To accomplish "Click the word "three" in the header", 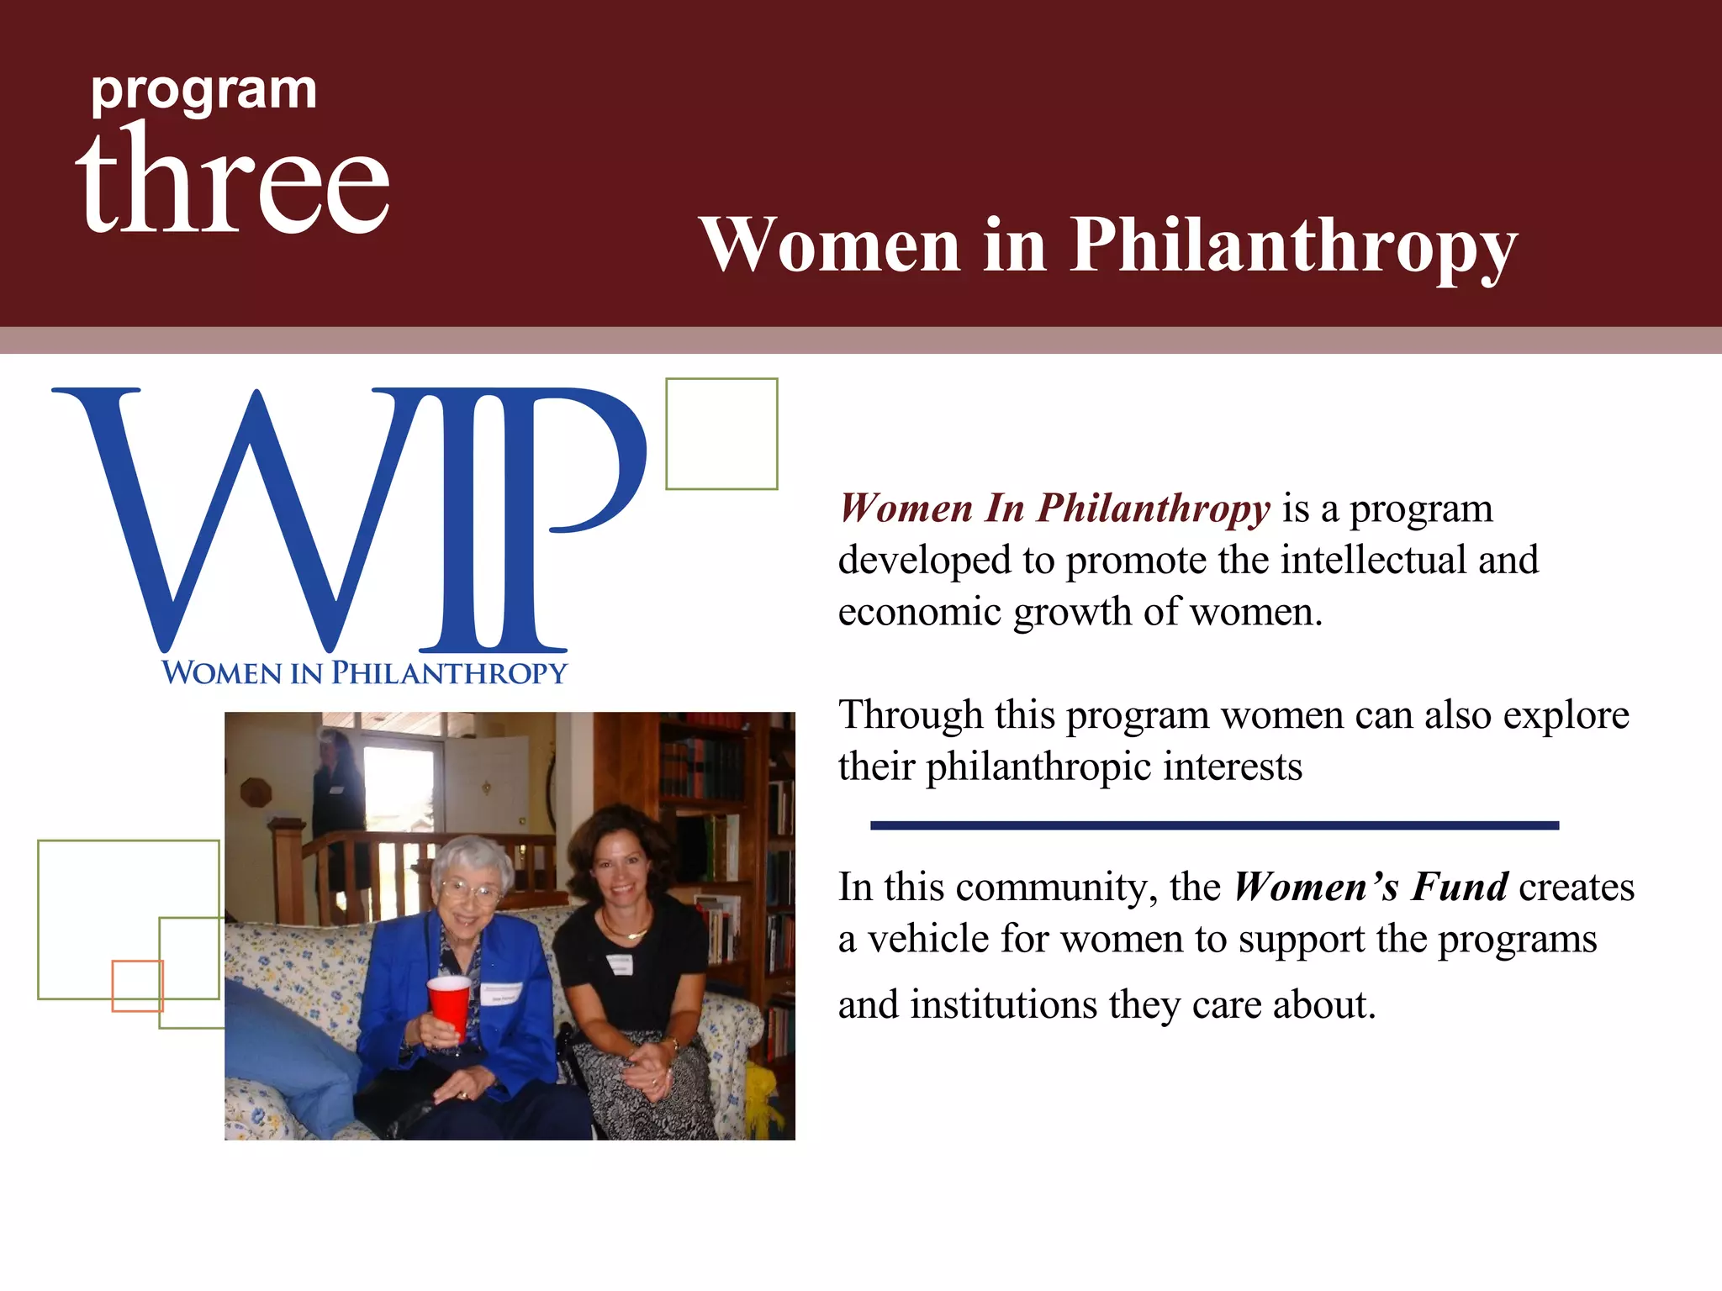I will point(233,181).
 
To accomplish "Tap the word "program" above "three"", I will point(204,91).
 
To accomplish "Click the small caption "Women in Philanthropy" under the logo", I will point(364,673).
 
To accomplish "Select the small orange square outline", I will point(137,985).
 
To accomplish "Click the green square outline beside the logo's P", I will point(721,434).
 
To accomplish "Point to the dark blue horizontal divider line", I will point(1214,825).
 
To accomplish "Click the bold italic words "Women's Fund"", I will point(1371,888).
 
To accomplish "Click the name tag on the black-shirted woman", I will point(620,963).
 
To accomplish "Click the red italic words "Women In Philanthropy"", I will point(1054,508).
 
